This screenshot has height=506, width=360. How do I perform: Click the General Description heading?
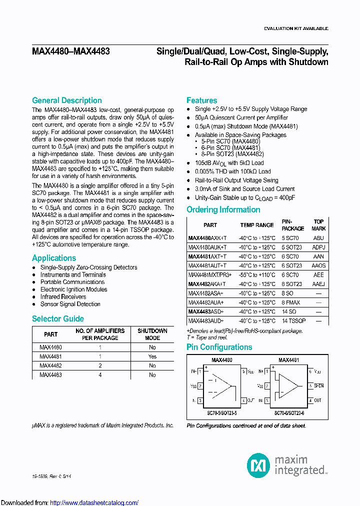click(x=66, y=100)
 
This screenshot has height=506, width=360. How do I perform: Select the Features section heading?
click(x=201, y=100)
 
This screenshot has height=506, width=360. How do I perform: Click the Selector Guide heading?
click(x=57, y=318)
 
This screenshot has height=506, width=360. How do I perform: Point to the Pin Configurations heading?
click(x=219, y=347)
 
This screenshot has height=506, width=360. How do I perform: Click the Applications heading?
click(x=54, y=258)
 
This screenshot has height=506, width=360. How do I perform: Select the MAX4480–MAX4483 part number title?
click(x=71, y=51)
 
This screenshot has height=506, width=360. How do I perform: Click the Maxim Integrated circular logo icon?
click(x=258, y=465)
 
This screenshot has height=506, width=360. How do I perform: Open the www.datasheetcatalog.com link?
click(x=94, y=502)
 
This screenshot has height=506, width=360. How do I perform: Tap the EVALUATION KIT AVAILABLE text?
click(x=295, y=28)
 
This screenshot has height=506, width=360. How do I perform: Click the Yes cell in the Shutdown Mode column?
click(x=152, y=356)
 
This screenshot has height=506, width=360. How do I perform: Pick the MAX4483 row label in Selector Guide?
click(x=50, y=374)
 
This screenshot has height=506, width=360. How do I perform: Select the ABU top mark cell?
click(x=318, y=238)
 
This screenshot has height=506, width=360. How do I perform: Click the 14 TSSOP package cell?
click(x=293, y=320)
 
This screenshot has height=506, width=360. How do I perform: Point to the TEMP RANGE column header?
click(x=257, y=225)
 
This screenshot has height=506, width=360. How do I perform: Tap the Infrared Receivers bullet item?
click(x=63, y=296)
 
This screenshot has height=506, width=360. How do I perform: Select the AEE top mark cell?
click(x=318, y=275)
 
